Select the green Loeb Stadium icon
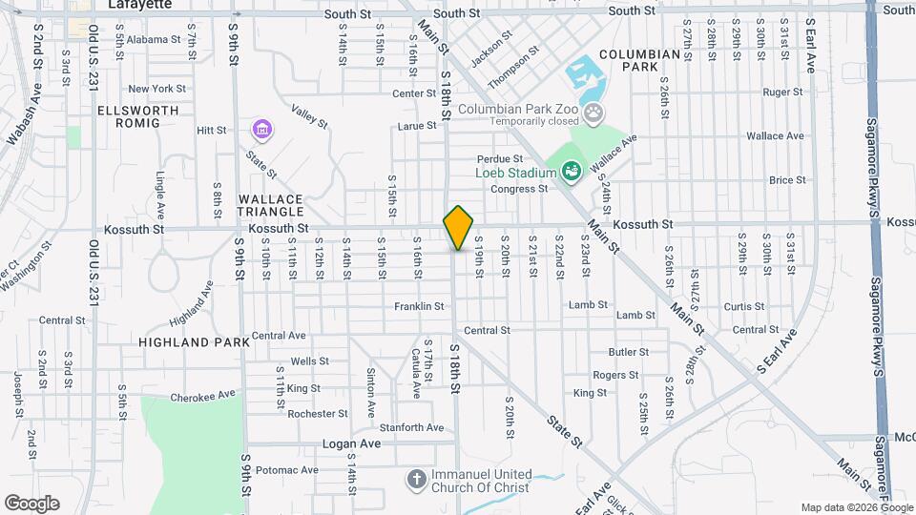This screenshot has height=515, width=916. (x=572, y=173)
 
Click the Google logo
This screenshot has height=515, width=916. (x=31, y=503)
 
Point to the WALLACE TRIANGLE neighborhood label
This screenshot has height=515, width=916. (x=270, y=205)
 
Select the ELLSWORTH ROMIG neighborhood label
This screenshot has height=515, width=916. (x=138, y=117)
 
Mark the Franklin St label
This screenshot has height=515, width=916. (x=419, y=306)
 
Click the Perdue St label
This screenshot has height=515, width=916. (x=501, y=158)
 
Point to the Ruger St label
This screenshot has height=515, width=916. (x=782, y=93)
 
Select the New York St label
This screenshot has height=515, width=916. (x=156, y=89)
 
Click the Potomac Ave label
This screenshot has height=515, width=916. (x=286, y=470)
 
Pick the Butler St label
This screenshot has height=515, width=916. (x=628, y=352)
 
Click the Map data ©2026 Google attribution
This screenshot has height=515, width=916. (x=856, y=507)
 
